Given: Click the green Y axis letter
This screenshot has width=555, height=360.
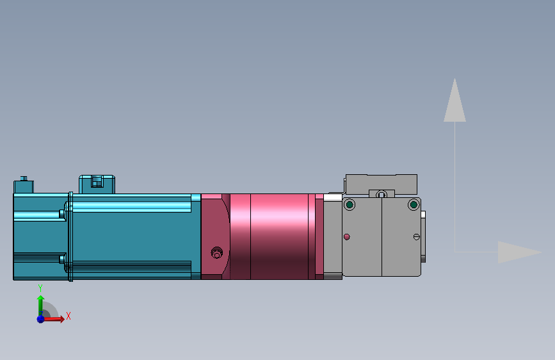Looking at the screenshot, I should (40, 288).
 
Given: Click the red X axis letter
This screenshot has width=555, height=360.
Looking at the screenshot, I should (68, 316).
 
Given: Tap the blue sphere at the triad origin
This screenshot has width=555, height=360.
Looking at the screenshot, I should (40, 318).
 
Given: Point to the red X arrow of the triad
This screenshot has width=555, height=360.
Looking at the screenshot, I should (56, 318).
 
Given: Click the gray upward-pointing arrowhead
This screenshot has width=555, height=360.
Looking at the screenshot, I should (454, 101).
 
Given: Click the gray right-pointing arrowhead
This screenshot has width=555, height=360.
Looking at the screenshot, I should (519, 252).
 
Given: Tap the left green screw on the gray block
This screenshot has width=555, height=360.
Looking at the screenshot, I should (349, 205).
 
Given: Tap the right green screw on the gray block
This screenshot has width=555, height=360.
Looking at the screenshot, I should (414, 205).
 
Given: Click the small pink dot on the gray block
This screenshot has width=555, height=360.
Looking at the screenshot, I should (347, 237).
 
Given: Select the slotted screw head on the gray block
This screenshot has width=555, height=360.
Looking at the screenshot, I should (417, 237).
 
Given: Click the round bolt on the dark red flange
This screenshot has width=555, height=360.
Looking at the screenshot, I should (216, 253).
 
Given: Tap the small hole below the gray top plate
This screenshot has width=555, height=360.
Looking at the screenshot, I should (382, 194).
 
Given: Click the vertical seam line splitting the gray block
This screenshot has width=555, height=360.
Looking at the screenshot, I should (382, 237).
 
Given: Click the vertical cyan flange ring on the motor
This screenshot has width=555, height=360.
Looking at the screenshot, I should (70, 236).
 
